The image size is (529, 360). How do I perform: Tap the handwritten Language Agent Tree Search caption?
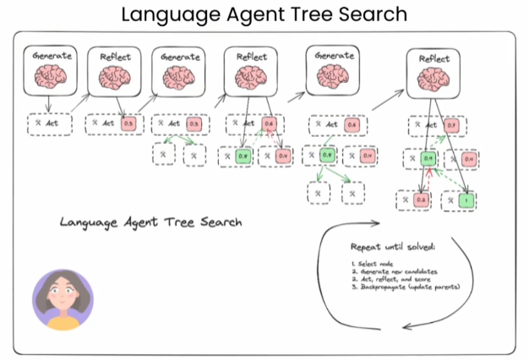[151, 222]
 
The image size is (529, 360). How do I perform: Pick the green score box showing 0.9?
[428, 159]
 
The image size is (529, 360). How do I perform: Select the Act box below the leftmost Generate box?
[49, 123]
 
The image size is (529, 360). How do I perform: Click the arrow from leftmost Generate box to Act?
[48, 104]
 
